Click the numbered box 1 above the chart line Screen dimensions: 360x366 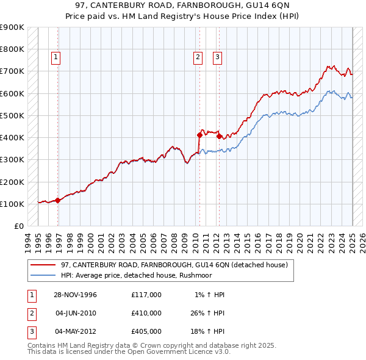(x=56, y=58)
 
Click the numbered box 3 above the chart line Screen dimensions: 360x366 (x=217, y=58)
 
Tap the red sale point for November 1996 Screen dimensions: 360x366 (x=58, y=200)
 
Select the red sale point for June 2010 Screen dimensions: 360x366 (x=199, y=135)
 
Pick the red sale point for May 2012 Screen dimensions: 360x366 (x=218, y=136)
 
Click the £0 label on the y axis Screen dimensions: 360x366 (x=19, y=226)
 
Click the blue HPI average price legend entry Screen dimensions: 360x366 (x=143, y=275)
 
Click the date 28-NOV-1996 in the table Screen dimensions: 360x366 (x=76, y=295)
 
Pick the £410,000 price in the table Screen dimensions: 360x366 (x=146, y=313)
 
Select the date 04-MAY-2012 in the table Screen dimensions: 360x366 (x=76, y=331)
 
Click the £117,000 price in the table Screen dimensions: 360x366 (x=146, y=295)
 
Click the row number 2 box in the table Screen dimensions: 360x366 (x=31, y=313)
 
